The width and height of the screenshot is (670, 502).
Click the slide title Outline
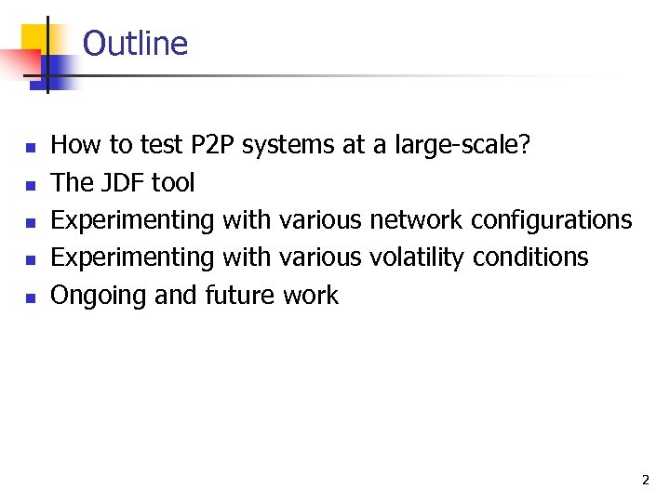(x=135, y=44)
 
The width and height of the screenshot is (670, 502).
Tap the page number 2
(x=645, y=481)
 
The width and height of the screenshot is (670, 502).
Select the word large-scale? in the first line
(x=462, y=145)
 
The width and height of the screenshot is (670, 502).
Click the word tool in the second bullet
(x=173, y=182)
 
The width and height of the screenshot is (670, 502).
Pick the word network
(x=415, y=220)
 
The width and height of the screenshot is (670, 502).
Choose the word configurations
(x=551, y=220)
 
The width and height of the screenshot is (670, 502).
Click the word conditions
(x=530, y=258)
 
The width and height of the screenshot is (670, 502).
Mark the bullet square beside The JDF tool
(x=31, y=185)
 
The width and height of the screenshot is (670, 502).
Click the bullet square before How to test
(x=31, y=148)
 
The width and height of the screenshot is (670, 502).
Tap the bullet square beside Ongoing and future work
(x=31, y=298)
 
